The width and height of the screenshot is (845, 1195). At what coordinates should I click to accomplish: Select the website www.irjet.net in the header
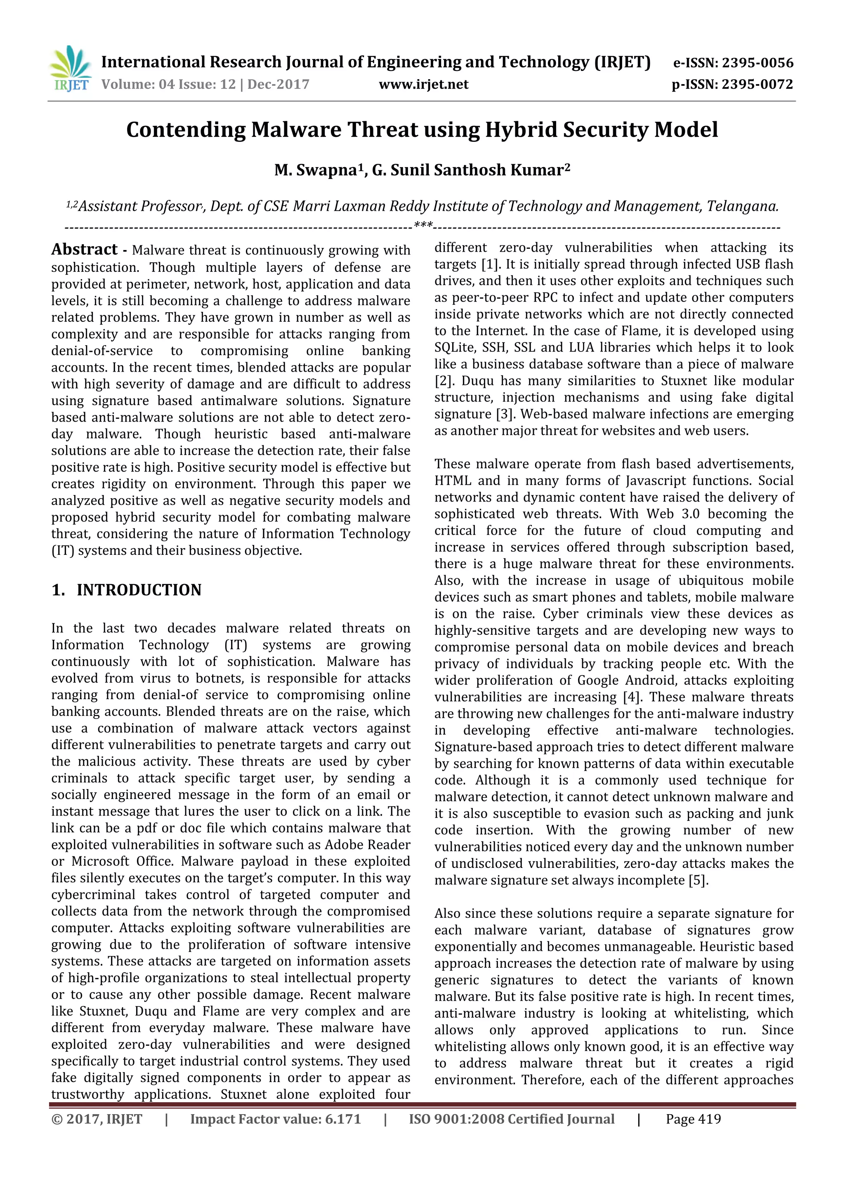(423, 84)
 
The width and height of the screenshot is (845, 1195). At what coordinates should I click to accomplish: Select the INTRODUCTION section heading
(139, 590)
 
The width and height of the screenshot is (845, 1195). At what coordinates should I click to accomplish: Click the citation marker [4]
(631, 697)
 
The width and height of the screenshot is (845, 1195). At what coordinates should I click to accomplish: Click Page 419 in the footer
(693, 1119)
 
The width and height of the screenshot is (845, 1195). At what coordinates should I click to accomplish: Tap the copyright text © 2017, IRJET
(97, 1119)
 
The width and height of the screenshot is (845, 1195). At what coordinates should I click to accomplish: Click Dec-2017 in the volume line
(278, 84)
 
